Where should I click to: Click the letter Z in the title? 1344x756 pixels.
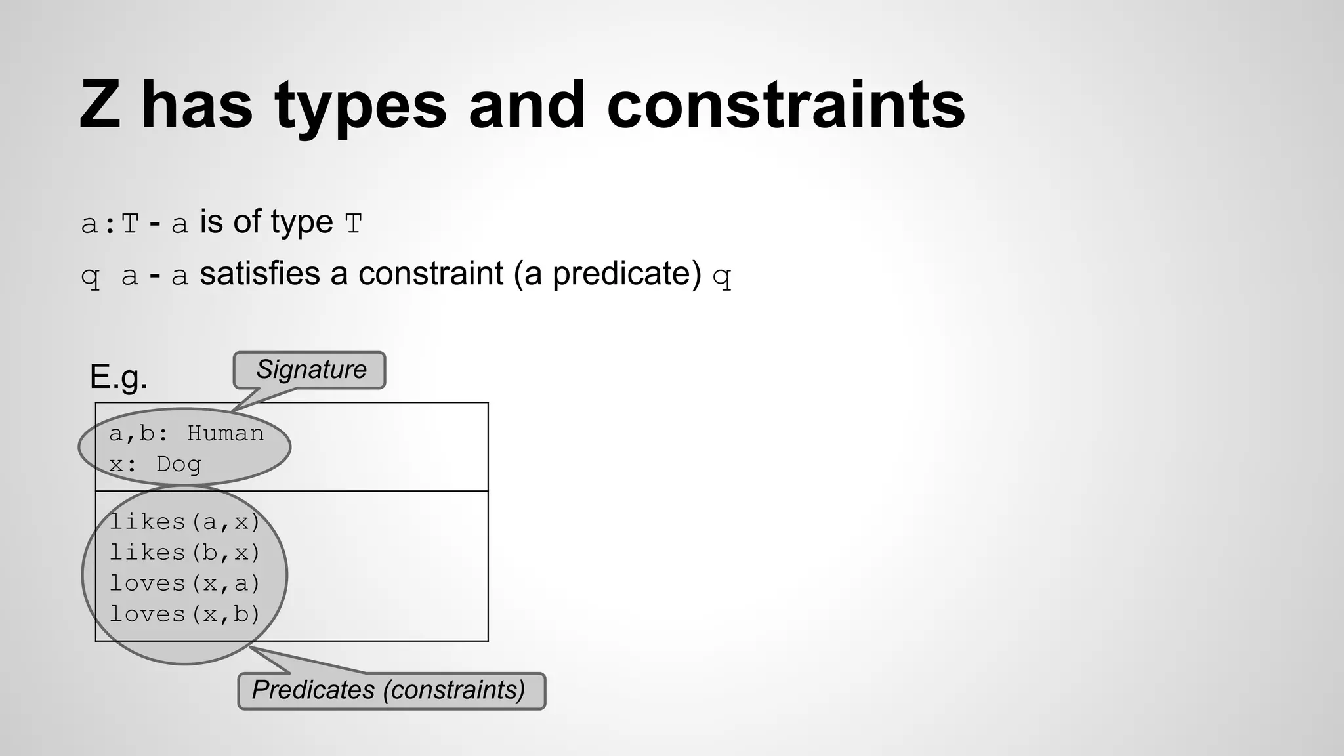click(x=100, y=105)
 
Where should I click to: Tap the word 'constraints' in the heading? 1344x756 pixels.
click(x=786, y=105)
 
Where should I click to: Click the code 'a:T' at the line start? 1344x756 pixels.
click(x=110, y=224)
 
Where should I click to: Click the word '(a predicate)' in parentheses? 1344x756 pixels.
click(x=608, y=274)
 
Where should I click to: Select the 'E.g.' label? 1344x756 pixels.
click(x=118, y=377)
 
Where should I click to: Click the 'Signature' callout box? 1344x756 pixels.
click(x=310, y=370)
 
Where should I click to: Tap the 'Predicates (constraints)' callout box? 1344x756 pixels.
click(x=390, y=690)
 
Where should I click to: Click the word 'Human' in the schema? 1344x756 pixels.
click(x=225, y=433)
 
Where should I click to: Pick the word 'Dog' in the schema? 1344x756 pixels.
click(x=178, y=464)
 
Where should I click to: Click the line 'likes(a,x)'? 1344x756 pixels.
click(x=184, y=522)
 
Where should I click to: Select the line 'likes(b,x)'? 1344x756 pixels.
click(x=184, y=553)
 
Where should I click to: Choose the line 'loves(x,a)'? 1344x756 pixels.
click(x=184, y=583)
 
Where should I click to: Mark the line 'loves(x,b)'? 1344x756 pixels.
click(x=184, y=614)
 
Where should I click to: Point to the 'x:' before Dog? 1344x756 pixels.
click(x=123, y=464)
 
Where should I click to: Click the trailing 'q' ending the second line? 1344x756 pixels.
click(x=721, y=277)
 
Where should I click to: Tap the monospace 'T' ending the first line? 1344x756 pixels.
click(x=353, y=224)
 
